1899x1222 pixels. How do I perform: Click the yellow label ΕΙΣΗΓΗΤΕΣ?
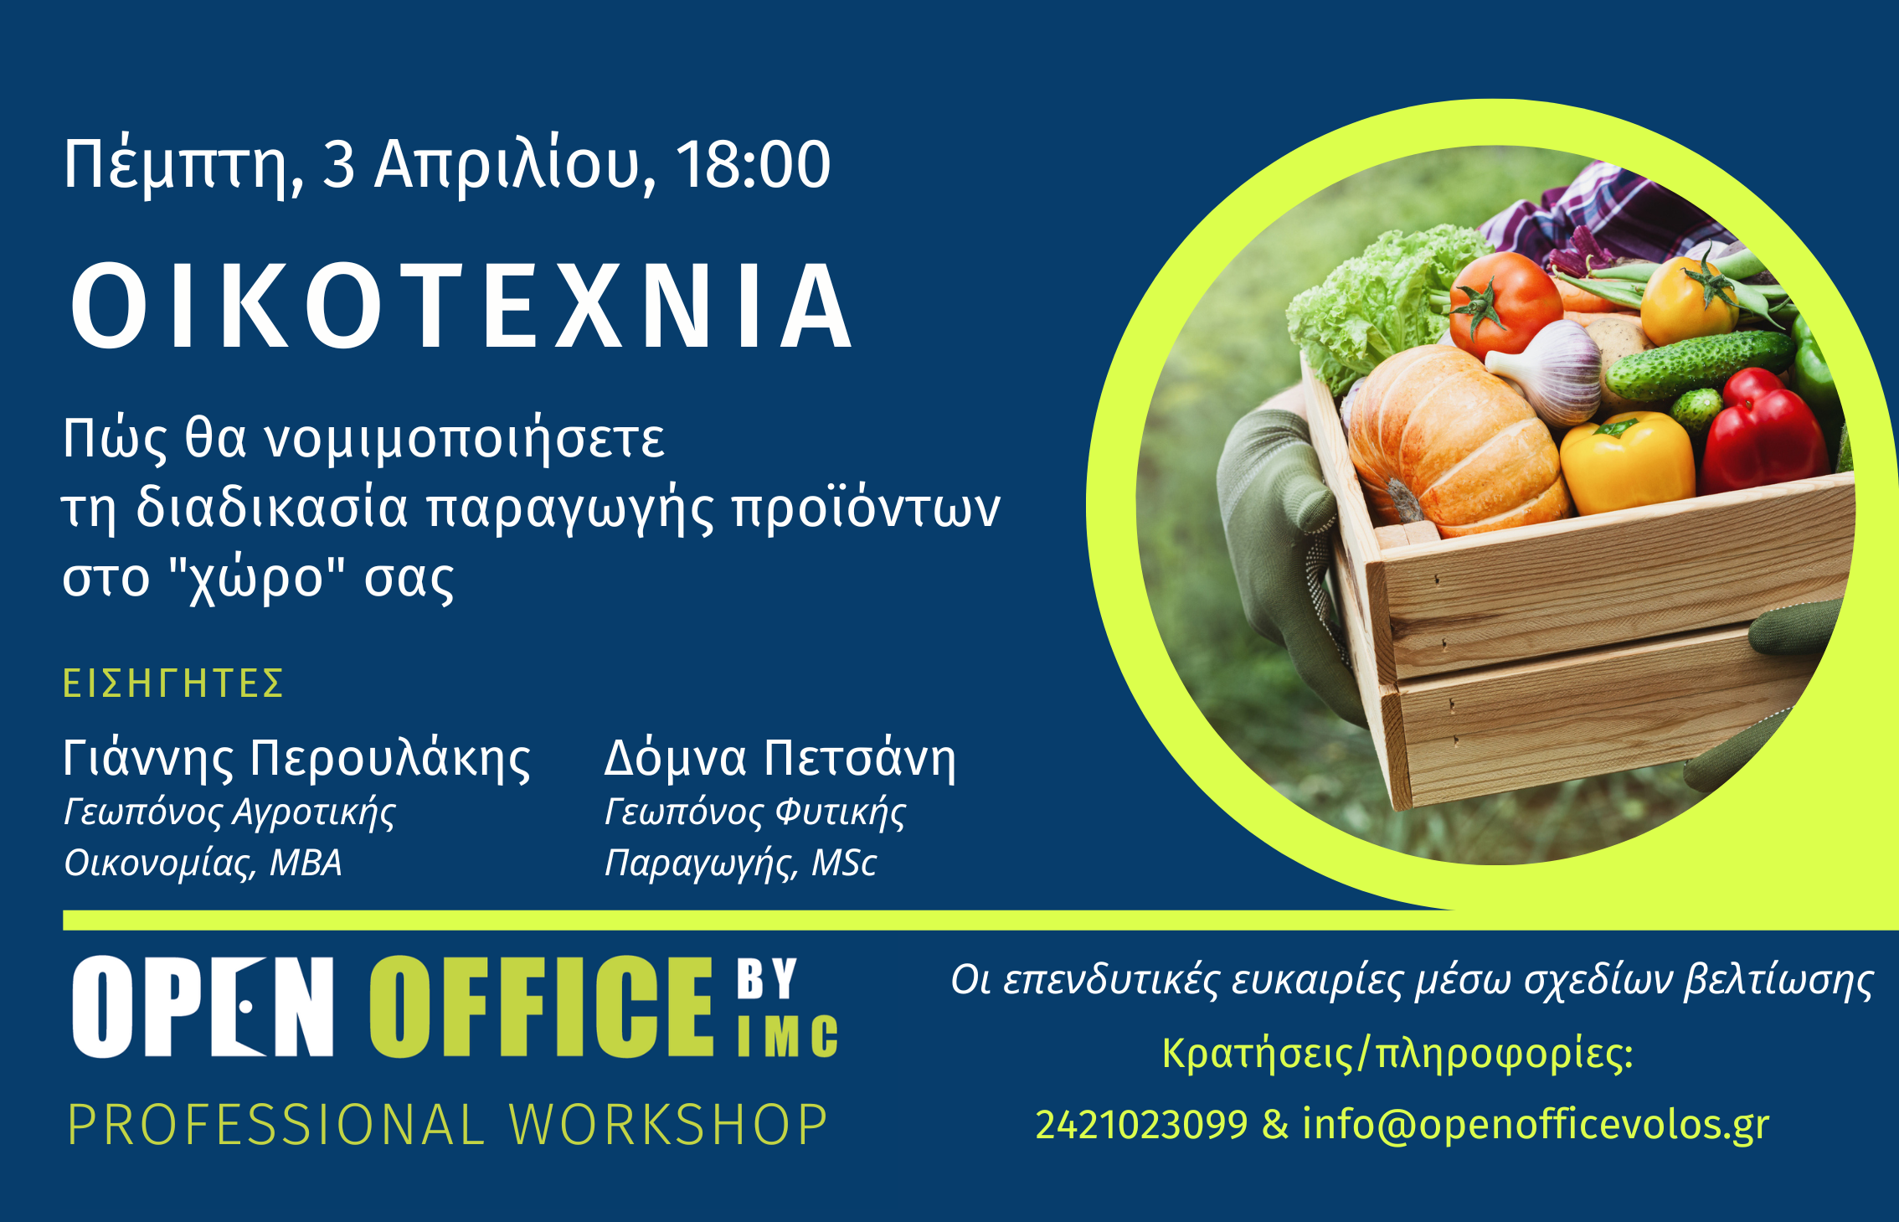[x=173, y=683]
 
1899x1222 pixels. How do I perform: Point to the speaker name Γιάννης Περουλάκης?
[x=297, y=760]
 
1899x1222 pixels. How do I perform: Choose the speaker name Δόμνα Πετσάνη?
[x=780, y=759]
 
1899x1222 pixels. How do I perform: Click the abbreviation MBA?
[x=306, y=864]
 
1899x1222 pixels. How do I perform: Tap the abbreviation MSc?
[x=844, y=864]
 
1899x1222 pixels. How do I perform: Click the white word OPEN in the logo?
[x=203, y=1007]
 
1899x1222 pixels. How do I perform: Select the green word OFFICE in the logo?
[x=542, y=1007]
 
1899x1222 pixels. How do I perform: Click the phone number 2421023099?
[x=1141, y=1125]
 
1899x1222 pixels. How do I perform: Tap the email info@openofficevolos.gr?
[x=1536, y=1125]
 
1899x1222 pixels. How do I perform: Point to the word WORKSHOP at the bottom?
[x=668, y=1125]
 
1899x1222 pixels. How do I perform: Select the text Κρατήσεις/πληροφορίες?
[x=1397, y=1054]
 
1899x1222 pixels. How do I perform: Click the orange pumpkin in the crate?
[x=1457, y=440]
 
